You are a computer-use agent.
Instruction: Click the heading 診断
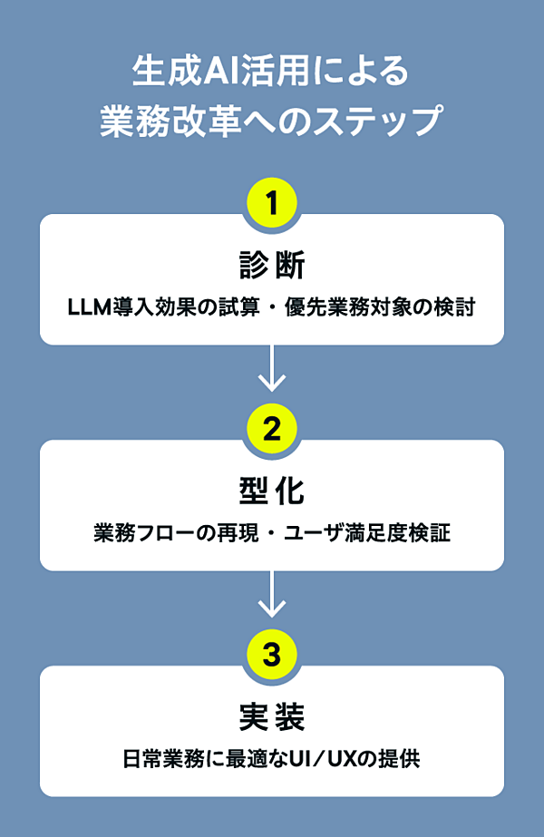272,266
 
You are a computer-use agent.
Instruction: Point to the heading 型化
272,491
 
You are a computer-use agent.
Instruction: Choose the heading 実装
272,717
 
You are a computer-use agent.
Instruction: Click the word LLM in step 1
88,307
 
